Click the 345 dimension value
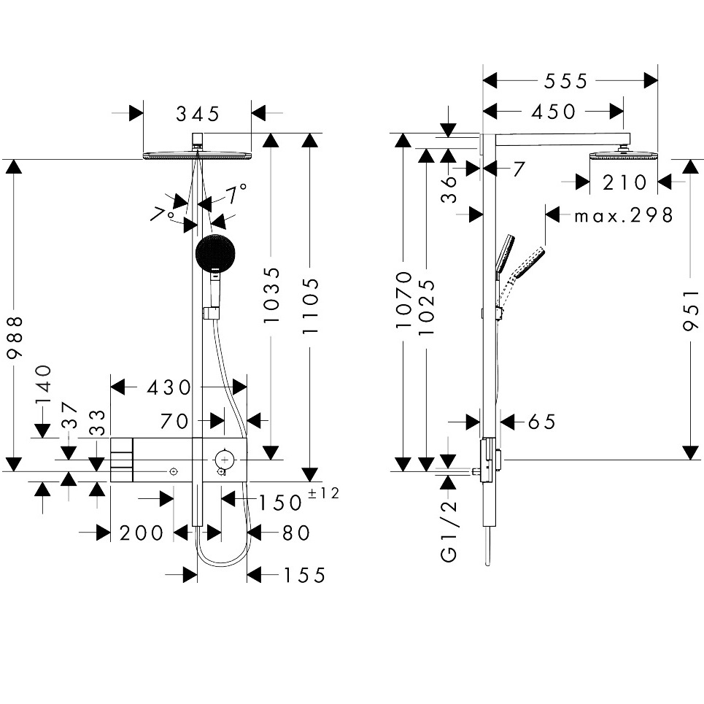pos(197,114)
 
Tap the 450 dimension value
pos(554,112)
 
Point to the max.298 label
pos(624,215)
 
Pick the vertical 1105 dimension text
pos(312,305)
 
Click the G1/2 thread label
pos(449,531)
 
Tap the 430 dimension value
pos(169,387)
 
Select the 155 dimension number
pos(304,575)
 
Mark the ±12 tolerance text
pos(324,494)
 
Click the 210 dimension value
pos(624,182)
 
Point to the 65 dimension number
pos(541,422)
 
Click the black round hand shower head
pos(216,252)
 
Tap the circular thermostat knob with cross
pos(225,459)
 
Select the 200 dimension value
pos(142,533)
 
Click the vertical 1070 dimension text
pos(404,298)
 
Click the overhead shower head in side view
pos(622,155)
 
